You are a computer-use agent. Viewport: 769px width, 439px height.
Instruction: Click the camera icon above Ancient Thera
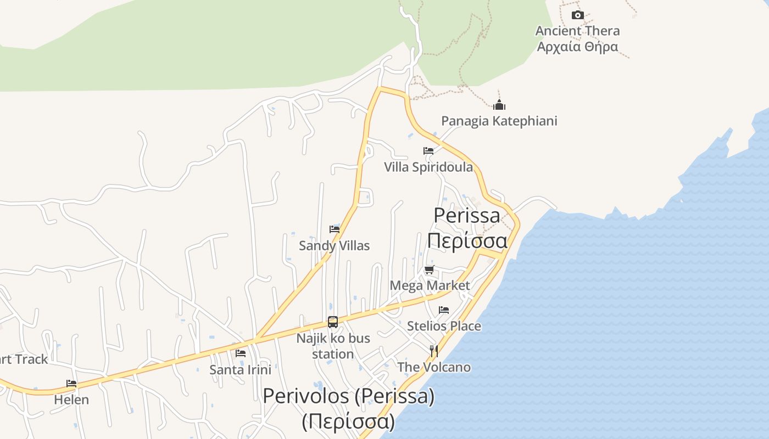(577, 15)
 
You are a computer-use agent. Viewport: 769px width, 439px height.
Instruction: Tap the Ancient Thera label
(577, 31)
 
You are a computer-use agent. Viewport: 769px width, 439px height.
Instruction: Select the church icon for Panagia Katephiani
(499, 105)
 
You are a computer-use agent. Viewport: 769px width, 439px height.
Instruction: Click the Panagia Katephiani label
(499, 121)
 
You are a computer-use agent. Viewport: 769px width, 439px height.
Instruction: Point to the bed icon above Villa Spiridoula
(428, 151)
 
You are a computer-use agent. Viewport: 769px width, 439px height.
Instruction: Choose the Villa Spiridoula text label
(428, 167)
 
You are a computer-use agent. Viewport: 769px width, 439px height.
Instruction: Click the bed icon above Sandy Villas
(335, 229)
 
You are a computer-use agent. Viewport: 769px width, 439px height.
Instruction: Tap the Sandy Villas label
(335, 245)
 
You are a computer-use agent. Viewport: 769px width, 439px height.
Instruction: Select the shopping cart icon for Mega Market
(430, 269)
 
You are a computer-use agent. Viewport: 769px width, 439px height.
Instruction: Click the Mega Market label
(430, 285)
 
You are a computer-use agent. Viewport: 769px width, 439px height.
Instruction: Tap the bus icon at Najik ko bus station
(333, 322)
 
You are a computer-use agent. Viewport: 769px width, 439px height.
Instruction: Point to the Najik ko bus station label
(333, 346)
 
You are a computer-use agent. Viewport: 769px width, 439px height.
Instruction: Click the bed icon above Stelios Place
(444, 310)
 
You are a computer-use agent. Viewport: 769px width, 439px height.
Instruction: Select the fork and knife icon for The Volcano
(434, 351)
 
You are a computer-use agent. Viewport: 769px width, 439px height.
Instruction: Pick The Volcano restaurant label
(434, 367)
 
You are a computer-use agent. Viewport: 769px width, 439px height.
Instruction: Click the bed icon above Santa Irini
(241, 353)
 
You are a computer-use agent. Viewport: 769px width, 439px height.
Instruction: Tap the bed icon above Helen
(71, 384)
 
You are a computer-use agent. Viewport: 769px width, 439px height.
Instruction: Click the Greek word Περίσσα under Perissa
(467, 240)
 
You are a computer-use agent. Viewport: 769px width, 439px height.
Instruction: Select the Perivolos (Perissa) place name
(349, 396)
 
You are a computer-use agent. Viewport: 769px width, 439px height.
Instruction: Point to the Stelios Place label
(444, 326)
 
